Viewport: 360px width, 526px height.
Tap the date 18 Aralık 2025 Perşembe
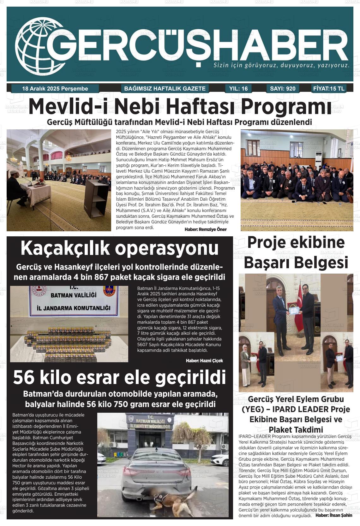point(55,89)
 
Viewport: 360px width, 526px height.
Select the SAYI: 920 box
point(283,89)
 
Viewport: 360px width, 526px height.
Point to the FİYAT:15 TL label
point(329,89)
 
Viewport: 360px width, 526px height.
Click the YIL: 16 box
point(238,89)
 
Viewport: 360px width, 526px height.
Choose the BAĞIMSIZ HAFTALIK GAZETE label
point(165,89)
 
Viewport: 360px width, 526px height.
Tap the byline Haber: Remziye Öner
point(205,229)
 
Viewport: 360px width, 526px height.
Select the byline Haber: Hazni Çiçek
point(204,361)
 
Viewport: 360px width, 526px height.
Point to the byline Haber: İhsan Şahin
point(334,515)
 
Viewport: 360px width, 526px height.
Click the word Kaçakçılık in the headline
point(65,248)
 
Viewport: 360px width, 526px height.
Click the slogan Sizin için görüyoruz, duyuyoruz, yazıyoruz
point(281,66)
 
